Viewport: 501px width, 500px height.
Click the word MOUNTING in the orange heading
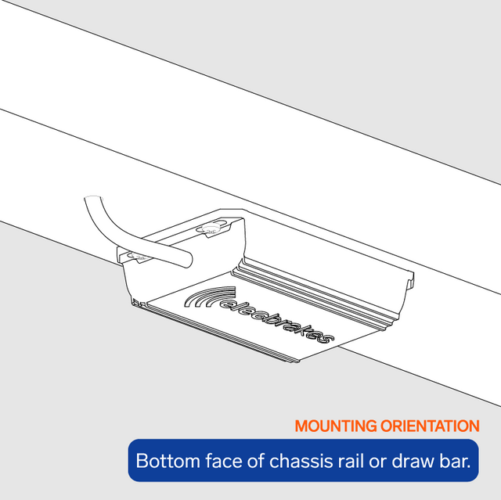coord(336,426)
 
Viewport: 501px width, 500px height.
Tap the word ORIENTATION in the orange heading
coord(430,426)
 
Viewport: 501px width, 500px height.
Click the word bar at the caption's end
coord(455,461)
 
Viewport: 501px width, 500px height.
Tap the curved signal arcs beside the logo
coord(207,297)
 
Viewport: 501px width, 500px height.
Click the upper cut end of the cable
coord(93,198)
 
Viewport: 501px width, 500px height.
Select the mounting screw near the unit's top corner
coord(210,229)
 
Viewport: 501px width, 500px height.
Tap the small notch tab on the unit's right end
coord(410,280)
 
